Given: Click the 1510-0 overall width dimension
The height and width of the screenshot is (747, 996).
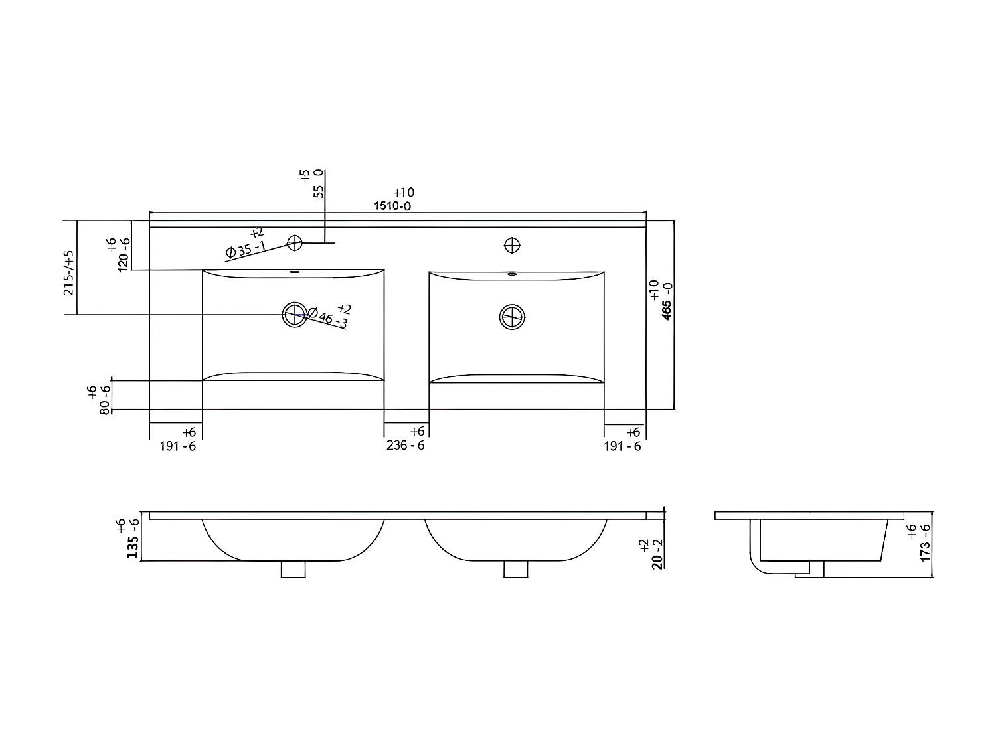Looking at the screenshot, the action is point(392,206).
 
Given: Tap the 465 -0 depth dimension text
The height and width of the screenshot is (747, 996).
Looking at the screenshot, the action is point(667,301).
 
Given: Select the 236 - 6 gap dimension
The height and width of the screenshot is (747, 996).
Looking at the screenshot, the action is point(405,445).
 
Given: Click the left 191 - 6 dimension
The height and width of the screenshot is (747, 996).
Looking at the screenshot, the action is point(177,446).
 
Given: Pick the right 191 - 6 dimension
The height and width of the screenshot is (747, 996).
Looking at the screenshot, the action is point(622,446).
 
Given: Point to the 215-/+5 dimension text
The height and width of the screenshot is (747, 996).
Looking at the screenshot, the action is point(69,272).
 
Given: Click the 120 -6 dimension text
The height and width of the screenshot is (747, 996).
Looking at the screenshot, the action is point(124,255).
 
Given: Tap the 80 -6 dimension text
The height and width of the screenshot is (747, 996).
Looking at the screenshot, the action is point(105,400).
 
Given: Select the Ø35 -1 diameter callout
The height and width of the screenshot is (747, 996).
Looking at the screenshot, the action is point(245,249).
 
